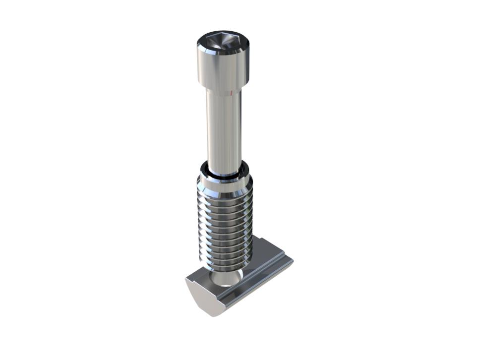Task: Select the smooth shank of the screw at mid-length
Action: pos(224,129)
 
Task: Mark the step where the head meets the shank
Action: pos(223,91)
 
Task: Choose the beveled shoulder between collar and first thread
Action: pos(224,193)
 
